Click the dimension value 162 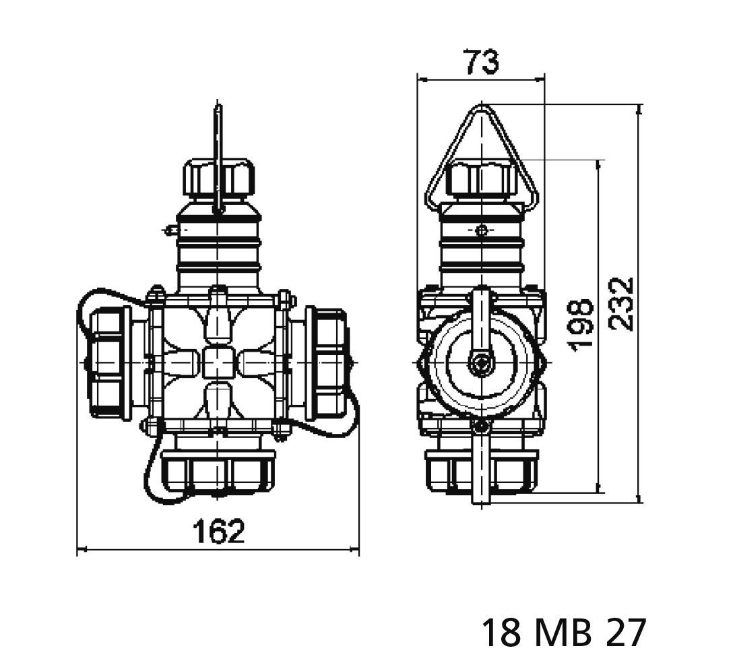218,532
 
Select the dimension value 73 481,62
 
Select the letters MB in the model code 564,633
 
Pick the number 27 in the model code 627,633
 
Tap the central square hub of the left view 218,362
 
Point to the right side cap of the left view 327,362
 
